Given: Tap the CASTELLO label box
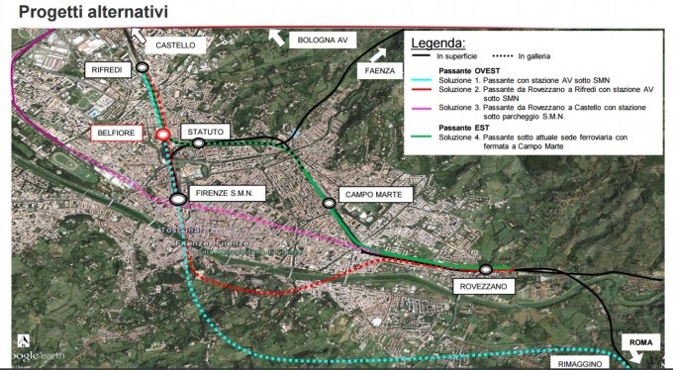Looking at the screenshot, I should [176, 46].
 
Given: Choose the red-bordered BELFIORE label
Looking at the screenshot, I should [117, 132].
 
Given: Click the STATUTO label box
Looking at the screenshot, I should [206, 132].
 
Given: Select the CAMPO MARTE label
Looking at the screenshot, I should [372, 195].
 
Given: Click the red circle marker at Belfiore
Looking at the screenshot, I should [162, 135].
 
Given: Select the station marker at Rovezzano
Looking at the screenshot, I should [486, 269].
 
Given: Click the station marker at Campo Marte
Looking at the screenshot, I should [330, 203].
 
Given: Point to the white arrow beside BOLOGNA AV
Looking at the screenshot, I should [276, 37].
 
